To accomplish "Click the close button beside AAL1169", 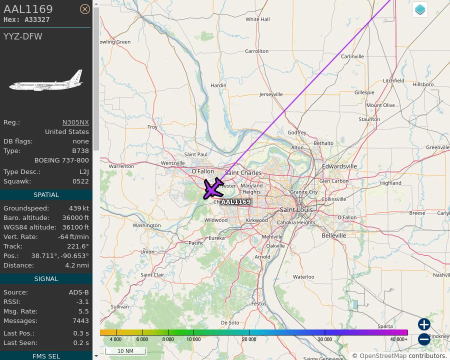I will click(85, 9).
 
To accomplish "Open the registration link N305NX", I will click(75, 122).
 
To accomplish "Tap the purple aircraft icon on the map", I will click(214, 188).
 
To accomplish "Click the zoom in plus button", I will click(424, 324).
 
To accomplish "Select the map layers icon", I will click(420, 9).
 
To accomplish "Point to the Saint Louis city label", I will click(297, 210).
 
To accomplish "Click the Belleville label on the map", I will click(334, 235).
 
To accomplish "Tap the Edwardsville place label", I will click(339, 166).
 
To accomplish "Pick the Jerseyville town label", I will click(271, 94).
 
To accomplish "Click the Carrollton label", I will click(256, 51).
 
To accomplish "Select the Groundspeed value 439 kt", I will click(79, 208).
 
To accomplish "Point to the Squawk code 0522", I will click(80, 181).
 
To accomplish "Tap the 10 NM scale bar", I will click(125, 351).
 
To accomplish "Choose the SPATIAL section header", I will click(46, 195).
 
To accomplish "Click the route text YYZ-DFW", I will click(23, 36).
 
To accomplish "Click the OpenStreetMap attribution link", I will click(383, 356).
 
